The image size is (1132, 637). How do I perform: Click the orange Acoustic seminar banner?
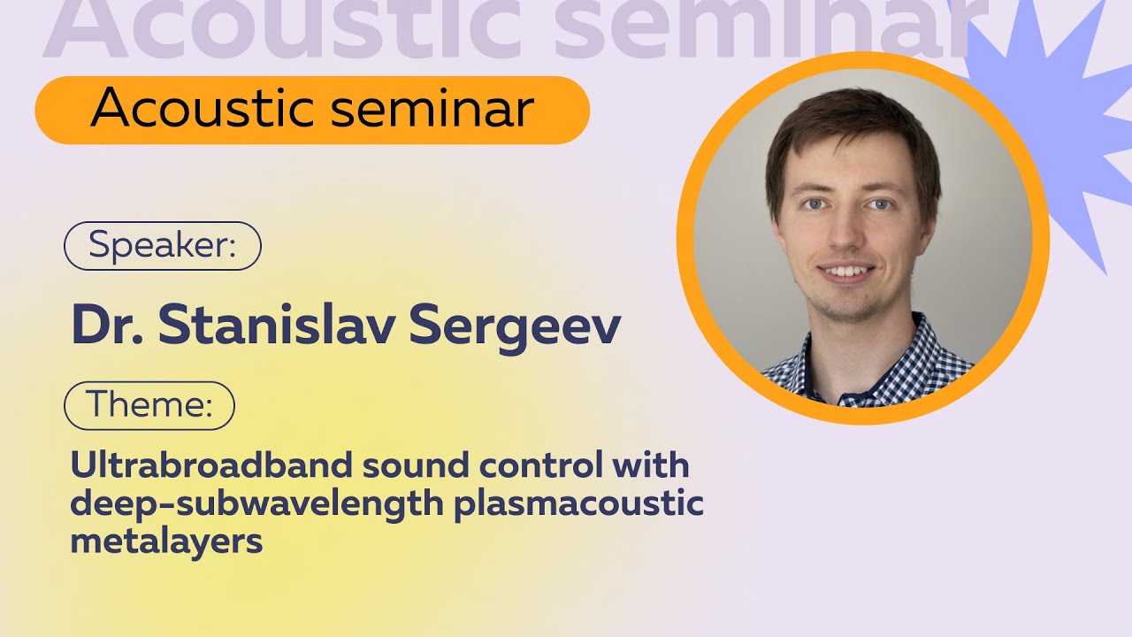click(311, 110)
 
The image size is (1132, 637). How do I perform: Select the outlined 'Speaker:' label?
click(163, 245)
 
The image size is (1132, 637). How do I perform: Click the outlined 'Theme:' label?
click(149, 405)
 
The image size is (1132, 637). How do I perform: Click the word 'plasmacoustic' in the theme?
click(578, 503)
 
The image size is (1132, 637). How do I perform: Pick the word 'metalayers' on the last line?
click(166, 541)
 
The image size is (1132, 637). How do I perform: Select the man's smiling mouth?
click(846, 270)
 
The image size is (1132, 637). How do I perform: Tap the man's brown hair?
click(849, 124)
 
